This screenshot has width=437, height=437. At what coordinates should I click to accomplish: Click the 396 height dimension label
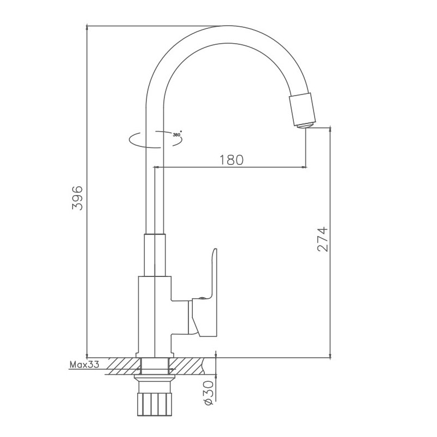(78, 197)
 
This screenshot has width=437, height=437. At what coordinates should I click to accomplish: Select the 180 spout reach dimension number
(231, 160)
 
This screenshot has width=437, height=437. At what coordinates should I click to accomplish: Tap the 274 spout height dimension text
(322, 239)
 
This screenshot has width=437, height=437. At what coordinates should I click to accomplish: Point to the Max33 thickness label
(84, 365)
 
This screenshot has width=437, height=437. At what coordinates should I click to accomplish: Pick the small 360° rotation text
(176, 133)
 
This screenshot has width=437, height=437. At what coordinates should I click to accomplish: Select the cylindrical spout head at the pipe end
(301, 109)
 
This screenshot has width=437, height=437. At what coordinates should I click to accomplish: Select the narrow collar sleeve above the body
(154, 255)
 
